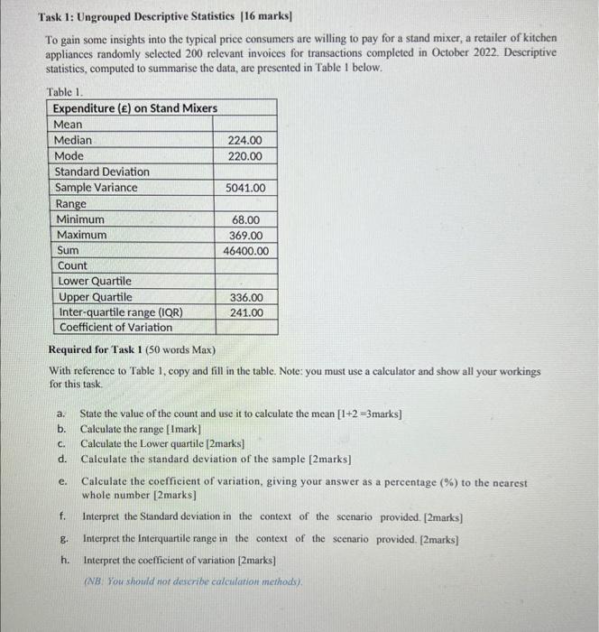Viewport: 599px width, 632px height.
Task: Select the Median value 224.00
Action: pyautogui.click(x=245, y=140)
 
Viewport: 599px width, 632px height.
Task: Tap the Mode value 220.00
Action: pyautogui.click(x=245, y=156)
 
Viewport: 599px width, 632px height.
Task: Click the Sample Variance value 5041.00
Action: pyautogui.click(x=245, y=188)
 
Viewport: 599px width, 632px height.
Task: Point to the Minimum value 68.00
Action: pyautogui.click(x=246, y=219)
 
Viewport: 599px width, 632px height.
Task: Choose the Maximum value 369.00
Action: pyautogui.click(x=245, y=235)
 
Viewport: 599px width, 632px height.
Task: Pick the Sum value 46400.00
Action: pyautogui.click(x=245, y=251)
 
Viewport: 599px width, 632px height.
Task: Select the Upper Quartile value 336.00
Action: pyautogui.click(x=245, y=297)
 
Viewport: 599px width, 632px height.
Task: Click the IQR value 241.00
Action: pyautogui.click(x=245, y=312)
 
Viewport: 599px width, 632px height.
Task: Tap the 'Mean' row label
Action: pyautogui.click(x=68, y=125)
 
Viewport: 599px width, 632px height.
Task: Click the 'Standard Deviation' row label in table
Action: pyautogui.click(x=102, y=172)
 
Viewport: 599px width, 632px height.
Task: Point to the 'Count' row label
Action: pyautogui.click(x=72, y=265)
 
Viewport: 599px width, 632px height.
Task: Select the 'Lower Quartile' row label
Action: pyautogui.click(x=95, y=281)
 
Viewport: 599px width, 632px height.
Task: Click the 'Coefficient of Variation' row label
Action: pyautogui.click(x=115, y=328)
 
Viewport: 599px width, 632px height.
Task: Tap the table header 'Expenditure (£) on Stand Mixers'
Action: pyautogui.click(x=134, y=108)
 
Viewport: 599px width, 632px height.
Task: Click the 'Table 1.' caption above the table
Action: pyautogui.click(x=67, y=92)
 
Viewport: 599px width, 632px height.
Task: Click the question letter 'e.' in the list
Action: pyautogui.click(x=61, y=483)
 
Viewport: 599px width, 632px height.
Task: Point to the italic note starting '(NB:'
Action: pyautogui.click(x=193, y=580)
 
